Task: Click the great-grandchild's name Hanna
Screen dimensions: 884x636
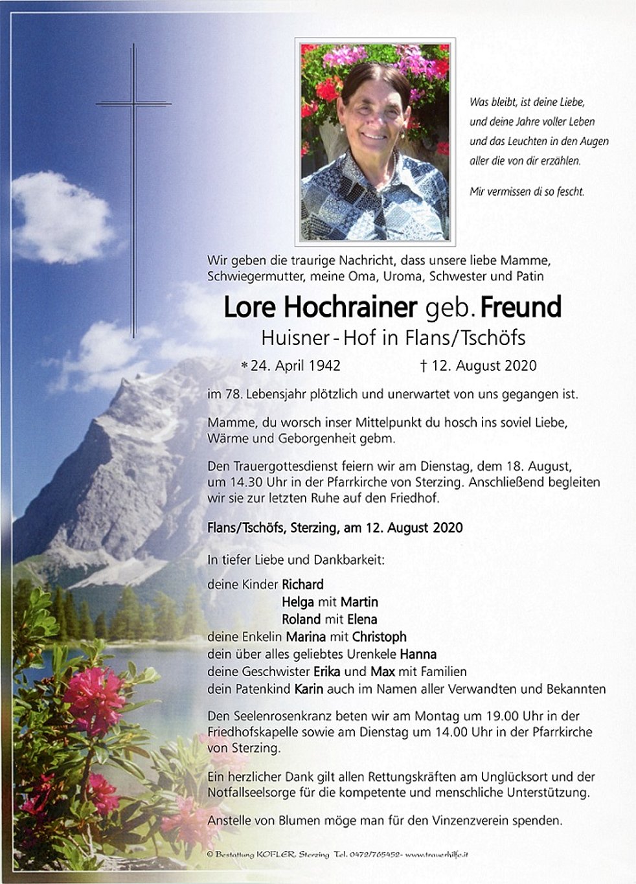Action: pos(418,654)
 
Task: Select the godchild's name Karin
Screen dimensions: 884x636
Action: pos(309,689)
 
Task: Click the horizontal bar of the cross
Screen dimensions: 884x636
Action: pos(133,103)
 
